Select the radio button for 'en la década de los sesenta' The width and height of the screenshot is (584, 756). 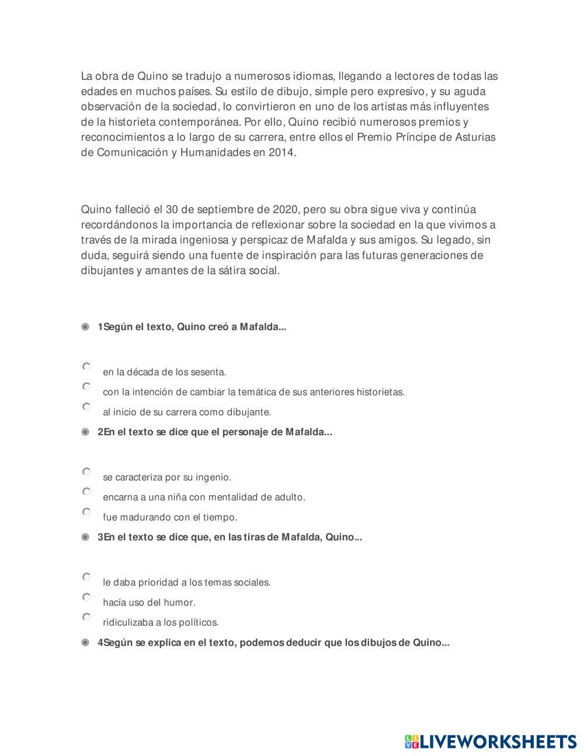click(86, 367)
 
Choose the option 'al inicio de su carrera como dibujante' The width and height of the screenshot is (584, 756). click(86, 407)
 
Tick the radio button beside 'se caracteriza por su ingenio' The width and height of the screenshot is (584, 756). click(86, 471)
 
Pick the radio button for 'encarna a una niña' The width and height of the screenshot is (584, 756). click(86, 492)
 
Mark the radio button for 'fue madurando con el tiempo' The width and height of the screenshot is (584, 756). click(86, 512)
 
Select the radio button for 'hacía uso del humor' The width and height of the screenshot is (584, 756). click(86, 597)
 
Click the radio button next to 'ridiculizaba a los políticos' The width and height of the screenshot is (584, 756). click(86, 617)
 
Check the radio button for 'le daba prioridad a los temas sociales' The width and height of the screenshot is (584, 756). click(86, 577)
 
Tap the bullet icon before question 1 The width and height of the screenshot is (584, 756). click(85, 327)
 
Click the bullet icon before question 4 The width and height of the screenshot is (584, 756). click(85, 643)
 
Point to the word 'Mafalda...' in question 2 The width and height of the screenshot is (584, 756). click(308, 432)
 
